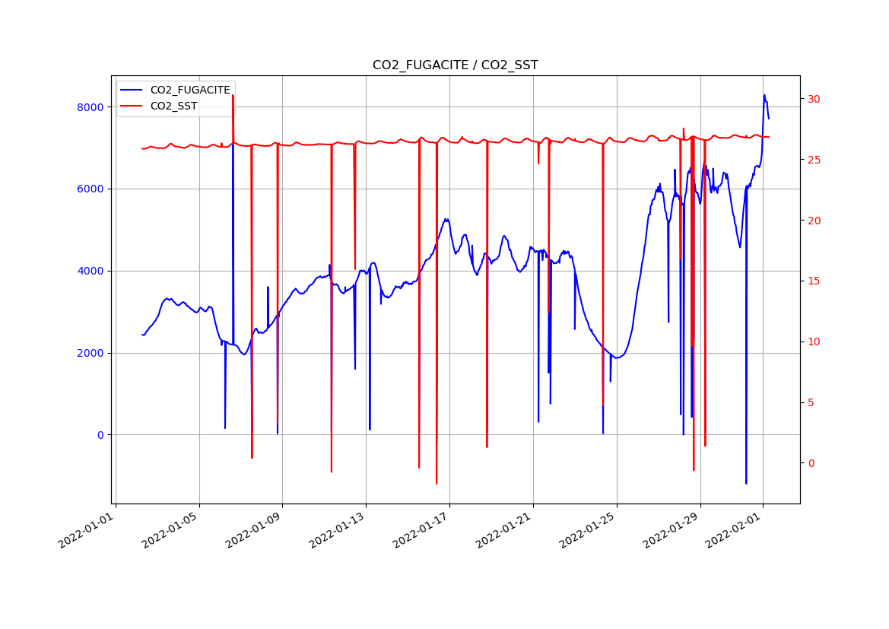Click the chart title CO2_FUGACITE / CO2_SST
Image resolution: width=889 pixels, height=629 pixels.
[455, 65]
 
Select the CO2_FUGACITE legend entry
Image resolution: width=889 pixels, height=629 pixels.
[189, 90]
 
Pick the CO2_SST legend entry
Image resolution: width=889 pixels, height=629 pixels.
[173, 106]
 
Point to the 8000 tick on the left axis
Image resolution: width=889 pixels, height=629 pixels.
[90, 107]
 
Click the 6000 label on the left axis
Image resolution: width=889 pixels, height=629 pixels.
[90, 189]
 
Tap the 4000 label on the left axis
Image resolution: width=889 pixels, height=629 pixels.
[90, 272]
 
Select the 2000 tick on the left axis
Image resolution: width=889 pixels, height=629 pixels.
[90, 354]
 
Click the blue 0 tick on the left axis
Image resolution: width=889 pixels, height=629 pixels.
[100, 435]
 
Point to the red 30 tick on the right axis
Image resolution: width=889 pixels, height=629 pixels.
[814, 100]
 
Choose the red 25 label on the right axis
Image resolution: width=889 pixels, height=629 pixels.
[814, 160]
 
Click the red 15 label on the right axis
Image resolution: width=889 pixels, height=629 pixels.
[814, 281]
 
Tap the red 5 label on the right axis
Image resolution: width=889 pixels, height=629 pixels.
[811, 402]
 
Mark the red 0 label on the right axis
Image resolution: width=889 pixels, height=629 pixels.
[811, 463]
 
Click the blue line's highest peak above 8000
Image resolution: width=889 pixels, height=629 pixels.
[764, 95]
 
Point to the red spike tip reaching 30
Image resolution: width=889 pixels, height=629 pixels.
[233, 95]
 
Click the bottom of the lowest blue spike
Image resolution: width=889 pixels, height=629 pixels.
[746, 483]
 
